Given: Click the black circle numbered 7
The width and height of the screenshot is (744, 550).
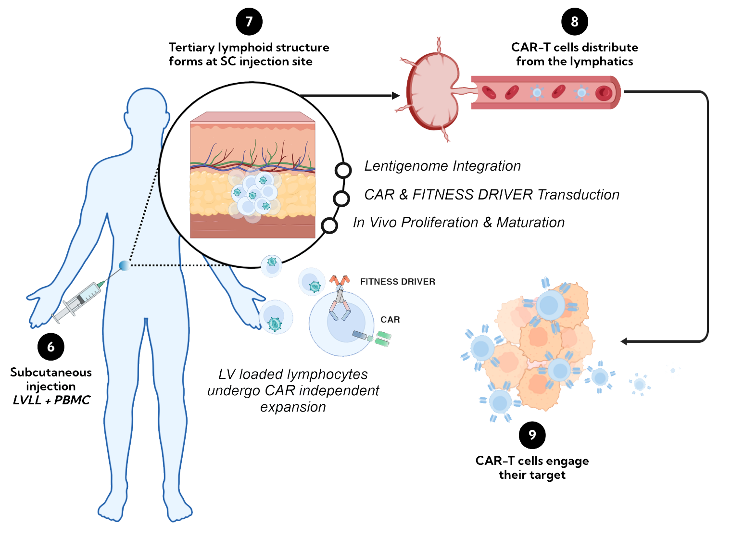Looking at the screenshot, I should click(249, 22).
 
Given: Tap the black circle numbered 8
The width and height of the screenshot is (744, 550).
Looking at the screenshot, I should click(575, 22).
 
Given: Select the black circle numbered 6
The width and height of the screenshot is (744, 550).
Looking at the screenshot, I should click(51, 347).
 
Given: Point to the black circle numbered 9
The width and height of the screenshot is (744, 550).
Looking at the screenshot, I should click(532, 435).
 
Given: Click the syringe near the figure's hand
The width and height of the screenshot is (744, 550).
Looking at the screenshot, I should click(77, 302).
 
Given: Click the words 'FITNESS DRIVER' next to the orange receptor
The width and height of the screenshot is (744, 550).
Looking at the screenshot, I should click(398, 282).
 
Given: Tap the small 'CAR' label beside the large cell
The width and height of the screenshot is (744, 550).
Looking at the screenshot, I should click(390, 320).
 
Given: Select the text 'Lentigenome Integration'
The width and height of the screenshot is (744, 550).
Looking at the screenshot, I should click(442, 166).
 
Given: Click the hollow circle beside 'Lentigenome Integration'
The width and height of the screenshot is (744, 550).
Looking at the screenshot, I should click(343, 170).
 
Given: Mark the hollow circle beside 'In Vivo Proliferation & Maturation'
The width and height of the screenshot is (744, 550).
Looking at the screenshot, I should click(329, 225).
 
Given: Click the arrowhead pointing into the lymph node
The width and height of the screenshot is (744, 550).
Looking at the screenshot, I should click(396, 96).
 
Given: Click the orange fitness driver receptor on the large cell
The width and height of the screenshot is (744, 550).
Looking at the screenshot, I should click(340, 280).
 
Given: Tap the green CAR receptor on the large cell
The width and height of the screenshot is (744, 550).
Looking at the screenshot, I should click(383, 338).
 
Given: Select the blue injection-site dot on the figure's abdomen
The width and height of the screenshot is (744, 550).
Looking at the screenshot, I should click(124, 265).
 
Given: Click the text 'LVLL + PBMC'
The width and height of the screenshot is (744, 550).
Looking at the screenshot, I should click(51, 400).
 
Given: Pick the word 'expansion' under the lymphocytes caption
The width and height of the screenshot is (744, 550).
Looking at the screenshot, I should click(293, 407).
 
